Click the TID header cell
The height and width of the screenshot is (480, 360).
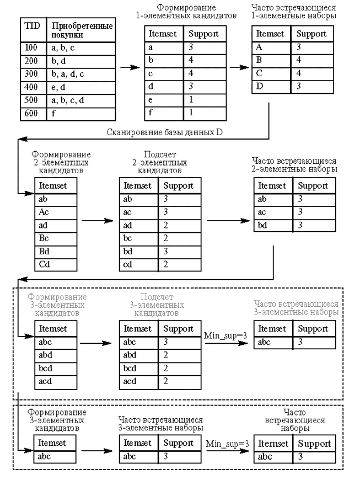(33, 30)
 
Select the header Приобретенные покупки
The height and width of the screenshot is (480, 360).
(82, 30)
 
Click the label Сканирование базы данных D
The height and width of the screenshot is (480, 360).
(164, 132)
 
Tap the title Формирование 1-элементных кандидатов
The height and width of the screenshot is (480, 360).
(186, 12)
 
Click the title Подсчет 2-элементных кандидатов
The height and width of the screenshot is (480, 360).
(160, 163)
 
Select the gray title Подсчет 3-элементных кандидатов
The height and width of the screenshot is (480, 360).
(157, 305)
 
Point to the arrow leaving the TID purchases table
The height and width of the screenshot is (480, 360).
(130, 67)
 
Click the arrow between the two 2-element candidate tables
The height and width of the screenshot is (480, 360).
(98, 221)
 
